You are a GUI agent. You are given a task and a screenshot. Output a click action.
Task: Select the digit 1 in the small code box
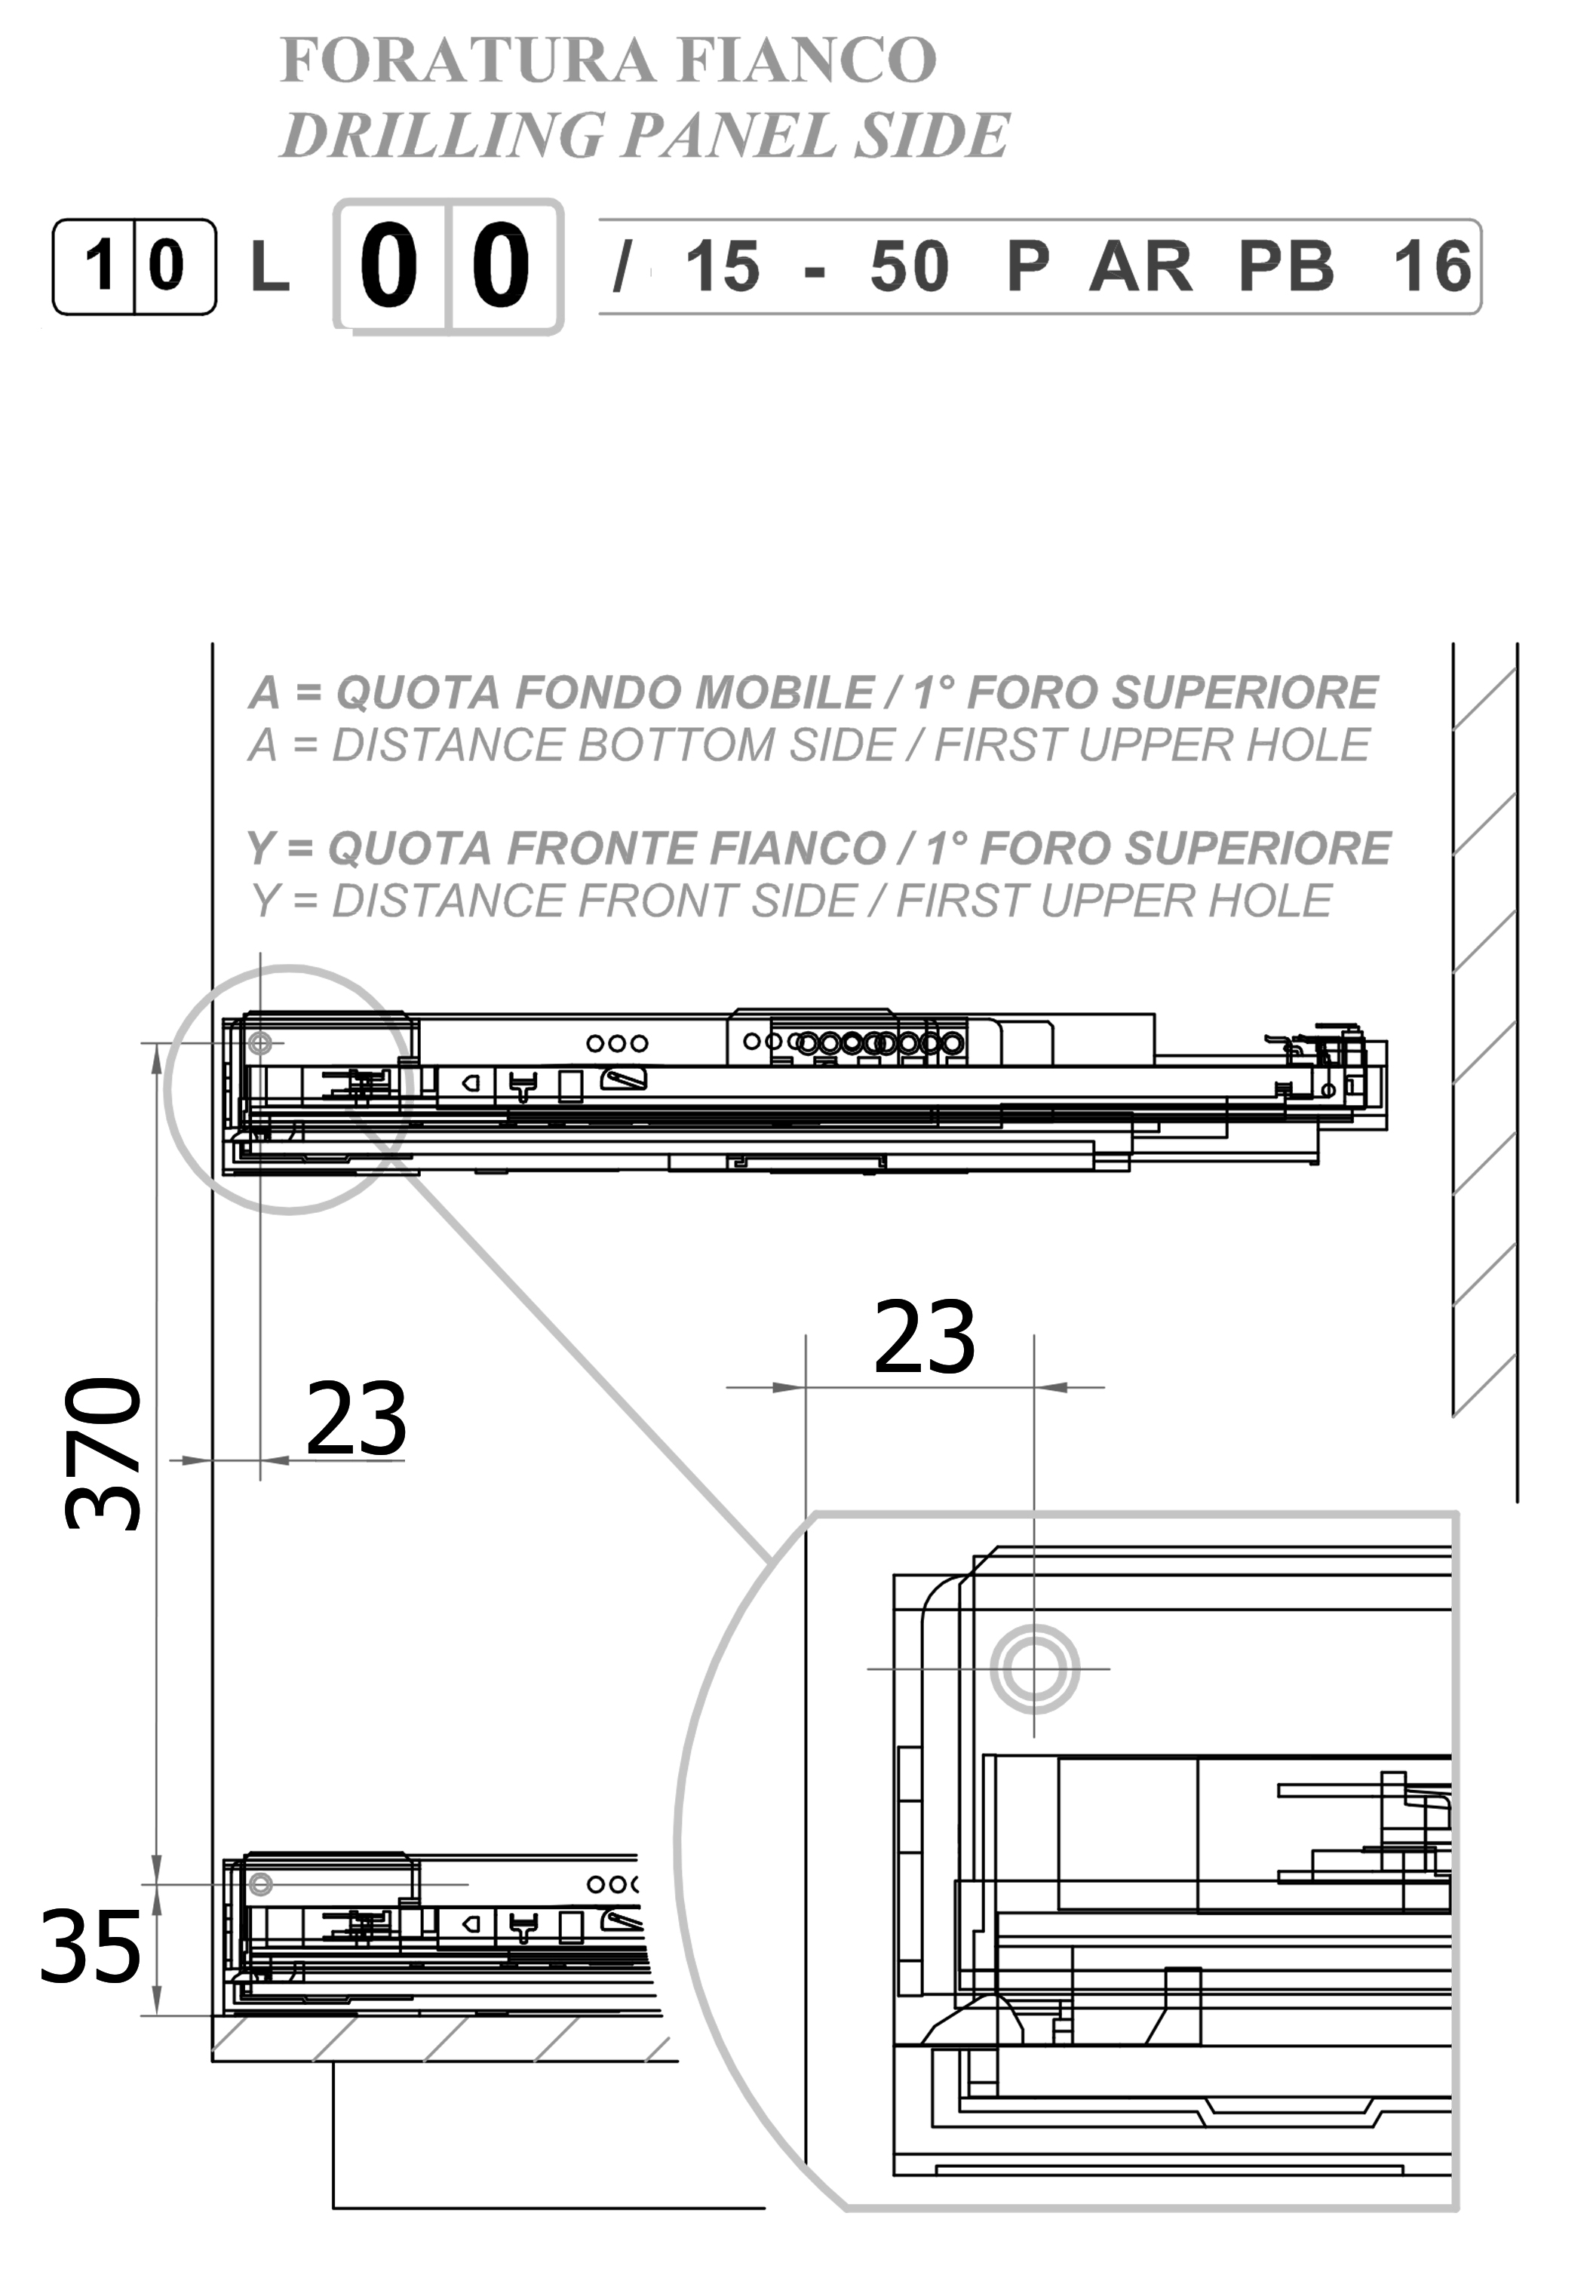tap(100, 266)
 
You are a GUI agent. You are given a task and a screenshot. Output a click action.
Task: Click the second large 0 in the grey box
tap(500, 266)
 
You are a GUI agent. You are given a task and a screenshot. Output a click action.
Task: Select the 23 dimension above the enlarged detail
tap(925, 1337)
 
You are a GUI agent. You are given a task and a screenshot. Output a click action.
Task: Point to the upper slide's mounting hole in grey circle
tap(260, 1043)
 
